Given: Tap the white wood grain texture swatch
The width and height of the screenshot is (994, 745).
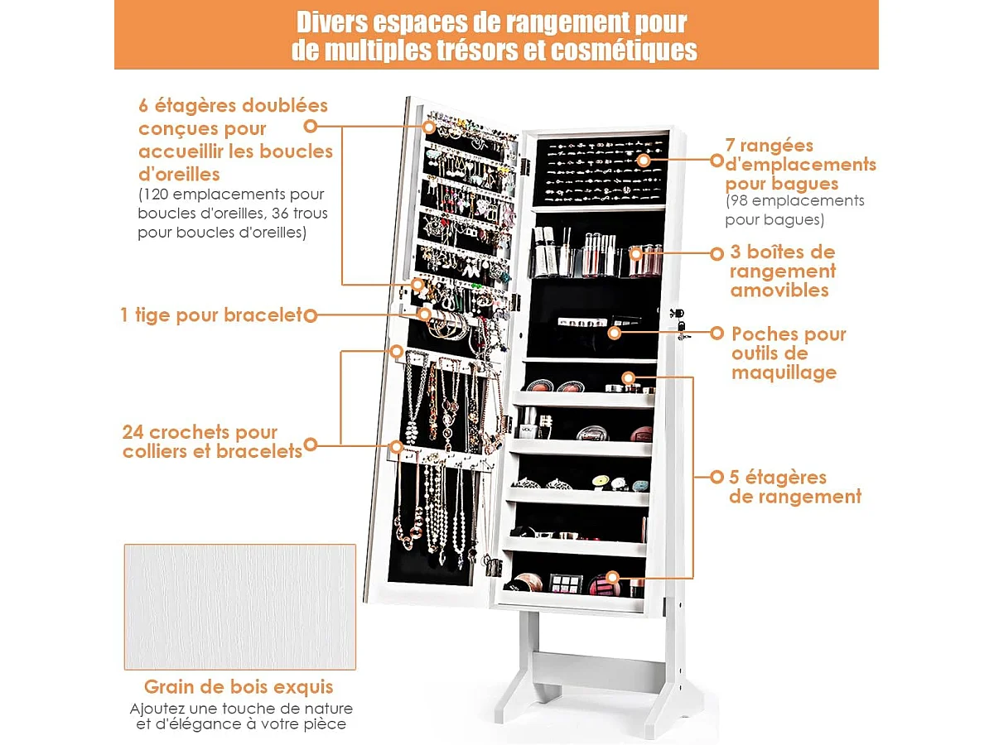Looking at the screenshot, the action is point(240,607).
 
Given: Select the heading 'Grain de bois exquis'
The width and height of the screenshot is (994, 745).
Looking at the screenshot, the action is point(239,687).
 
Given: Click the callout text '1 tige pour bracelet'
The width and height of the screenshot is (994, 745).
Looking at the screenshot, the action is point(211,315).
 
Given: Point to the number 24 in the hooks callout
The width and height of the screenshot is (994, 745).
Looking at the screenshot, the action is point(133,432).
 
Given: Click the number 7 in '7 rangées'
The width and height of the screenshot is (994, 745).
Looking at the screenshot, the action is point(730,145).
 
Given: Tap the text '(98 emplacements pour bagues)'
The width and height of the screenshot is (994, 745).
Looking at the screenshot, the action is point(794,210).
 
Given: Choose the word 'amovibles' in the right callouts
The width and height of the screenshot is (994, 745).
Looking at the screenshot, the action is point(779,290).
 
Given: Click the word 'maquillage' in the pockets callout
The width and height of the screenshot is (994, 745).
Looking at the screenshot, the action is point(784,372).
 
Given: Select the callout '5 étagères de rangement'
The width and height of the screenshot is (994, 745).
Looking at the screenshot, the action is point(795,487).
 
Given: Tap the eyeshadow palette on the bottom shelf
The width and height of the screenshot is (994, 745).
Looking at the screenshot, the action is point(566,583).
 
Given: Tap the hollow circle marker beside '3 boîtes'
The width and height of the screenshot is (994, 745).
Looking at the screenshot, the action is point(717,254).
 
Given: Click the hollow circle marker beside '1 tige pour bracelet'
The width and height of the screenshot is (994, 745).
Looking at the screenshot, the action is point(310,315).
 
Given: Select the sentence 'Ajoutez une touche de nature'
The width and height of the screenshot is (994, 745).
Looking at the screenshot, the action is point(241,709).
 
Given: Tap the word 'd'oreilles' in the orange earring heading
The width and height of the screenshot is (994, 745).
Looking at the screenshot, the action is point(179,174).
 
